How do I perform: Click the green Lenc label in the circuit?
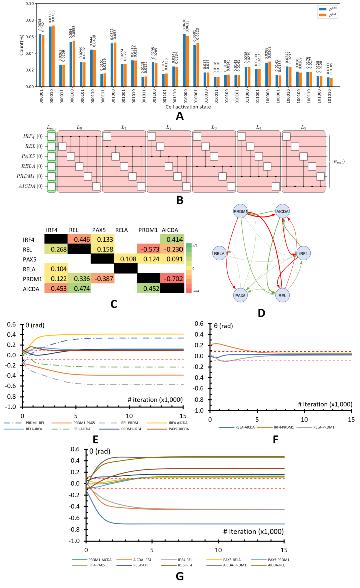pyautogui.click(x=50, y=129)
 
